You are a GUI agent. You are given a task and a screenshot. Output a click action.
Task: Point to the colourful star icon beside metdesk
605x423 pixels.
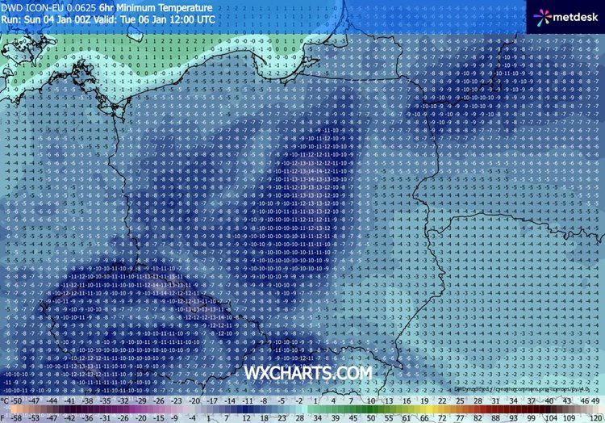point(539,16)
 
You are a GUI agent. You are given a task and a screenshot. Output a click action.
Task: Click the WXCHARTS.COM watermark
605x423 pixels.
point(308,373)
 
